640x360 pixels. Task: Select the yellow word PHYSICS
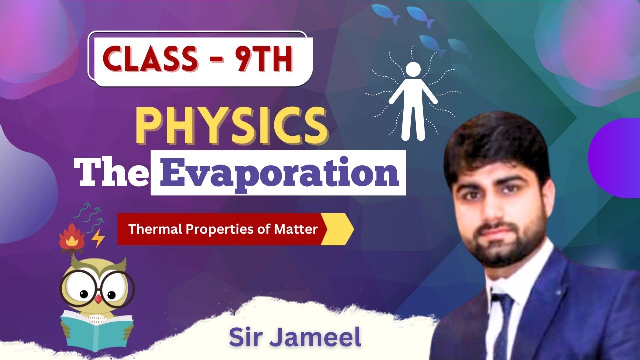click(232, 128)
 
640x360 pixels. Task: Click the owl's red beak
click(98, 298)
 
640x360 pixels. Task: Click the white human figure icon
click(413, 100)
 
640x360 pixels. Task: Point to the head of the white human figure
click(413, 70)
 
